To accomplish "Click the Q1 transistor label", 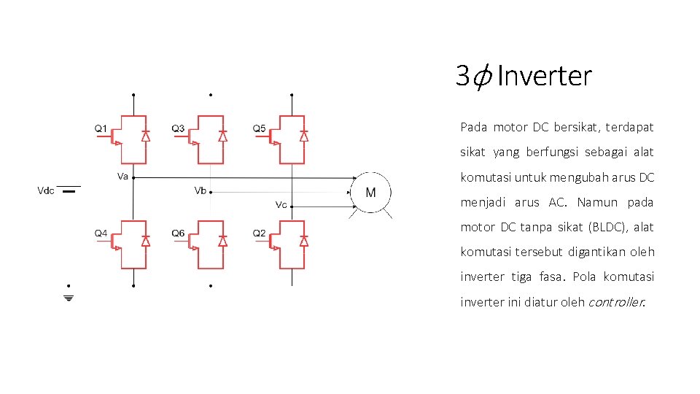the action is pos(101,129).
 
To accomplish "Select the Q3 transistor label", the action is pos(179,129).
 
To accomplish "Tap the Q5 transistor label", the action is pos(259,129).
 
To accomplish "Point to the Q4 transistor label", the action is pos(101,233).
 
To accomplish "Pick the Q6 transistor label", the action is pos(179,233).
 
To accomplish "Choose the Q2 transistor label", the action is pos(259,233).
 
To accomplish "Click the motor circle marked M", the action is pos(371,193).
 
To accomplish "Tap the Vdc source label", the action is pos(46,191).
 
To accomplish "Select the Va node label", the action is pos(122,176).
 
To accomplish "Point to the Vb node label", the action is pos(200,190).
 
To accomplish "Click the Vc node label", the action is pos(281,204).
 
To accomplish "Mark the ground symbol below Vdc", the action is pos(69,298).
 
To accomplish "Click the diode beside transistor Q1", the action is pos(145,136).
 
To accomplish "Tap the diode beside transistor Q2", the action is pos(304,240).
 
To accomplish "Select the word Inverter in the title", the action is pos(545,75).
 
